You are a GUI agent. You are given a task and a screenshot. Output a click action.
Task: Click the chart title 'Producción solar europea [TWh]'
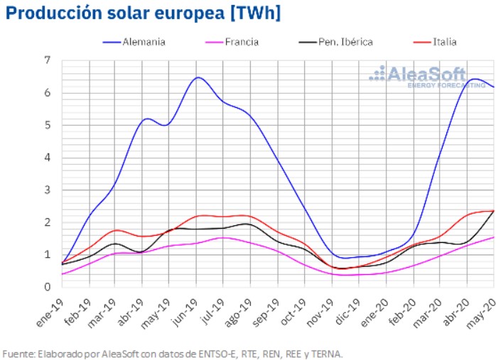143,13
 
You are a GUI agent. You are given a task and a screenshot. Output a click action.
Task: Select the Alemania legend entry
143,42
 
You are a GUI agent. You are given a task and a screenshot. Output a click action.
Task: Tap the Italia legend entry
444,42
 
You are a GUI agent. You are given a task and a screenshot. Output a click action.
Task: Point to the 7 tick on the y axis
48,61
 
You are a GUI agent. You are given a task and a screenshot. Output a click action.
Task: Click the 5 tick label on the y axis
48,126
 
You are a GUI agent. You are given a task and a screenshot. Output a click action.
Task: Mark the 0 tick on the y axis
48,287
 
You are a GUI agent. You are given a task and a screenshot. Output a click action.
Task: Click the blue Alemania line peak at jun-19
198,77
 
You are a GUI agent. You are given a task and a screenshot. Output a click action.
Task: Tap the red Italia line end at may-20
494,211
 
